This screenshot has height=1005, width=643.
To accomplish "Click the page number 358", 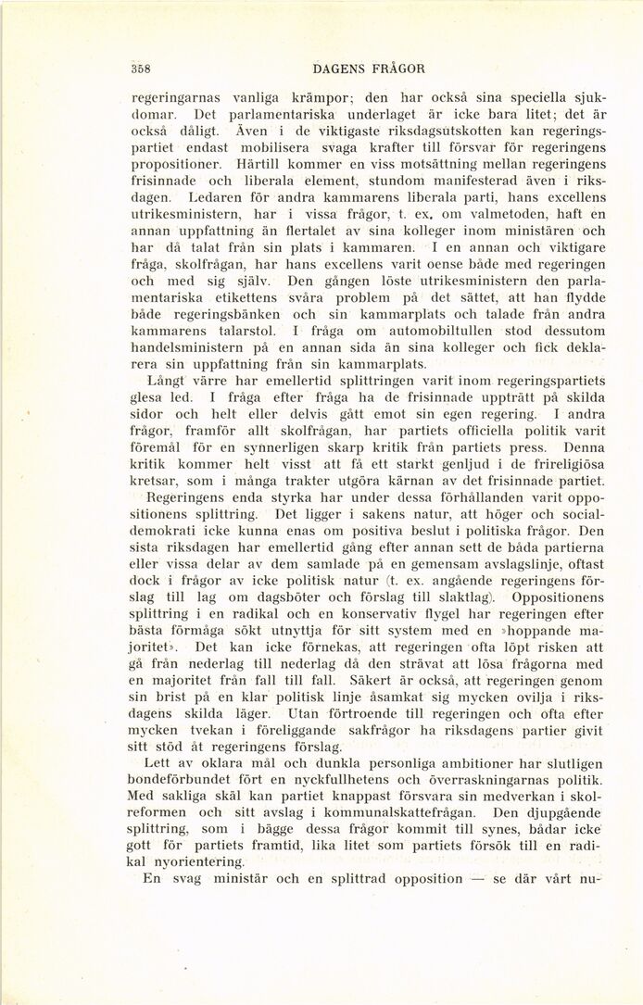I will (x=142, y=68).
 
